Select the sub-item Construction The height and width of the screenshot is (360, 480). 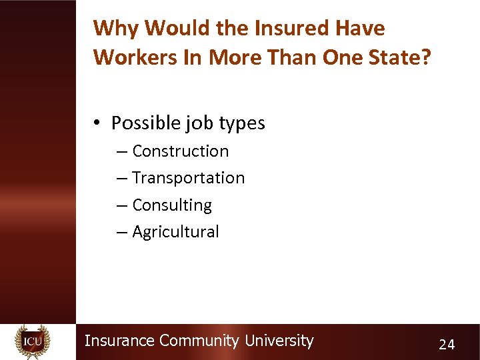(180, 151)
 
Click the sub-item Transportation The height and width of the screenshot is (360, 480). (188, 178)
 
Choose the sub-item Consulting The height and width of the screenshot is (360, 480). (171, 205)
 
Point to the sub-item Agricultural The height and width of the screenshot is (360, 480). (175, 232)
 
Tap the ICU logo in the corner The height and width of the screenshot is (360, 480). (32, 341)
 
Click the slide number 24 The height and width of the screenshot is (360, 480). (447, 344)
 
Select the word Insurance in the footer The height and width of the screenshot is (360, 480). (119, 341)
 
